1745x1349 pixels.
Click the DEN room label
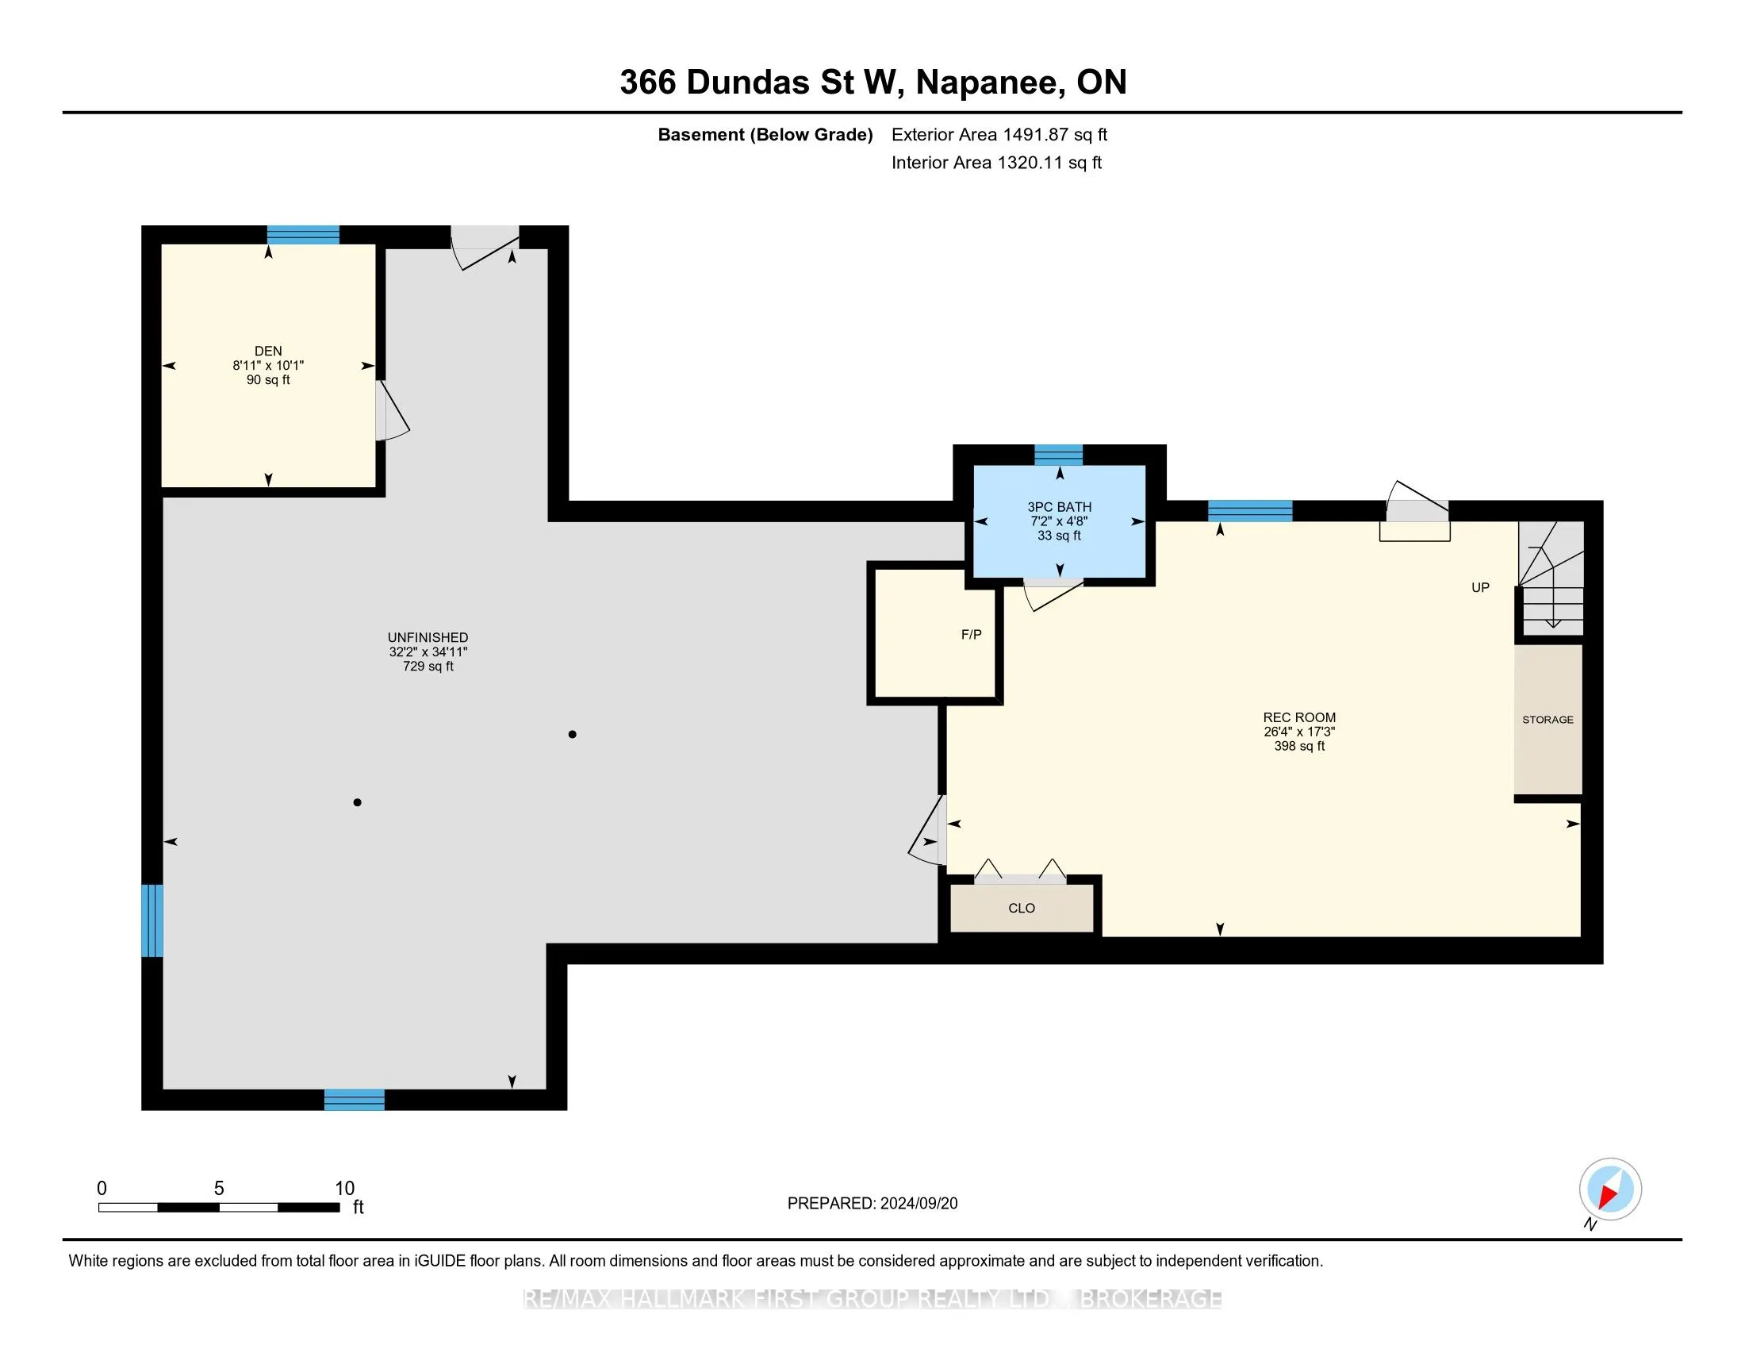(x=268, y=351)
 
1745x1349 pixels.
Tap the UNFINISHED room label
(x=428, y=637)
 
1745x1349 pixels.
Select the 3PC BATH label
(x=1060, y=507)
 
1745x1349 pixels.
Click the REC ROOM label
(x=1299, y=717)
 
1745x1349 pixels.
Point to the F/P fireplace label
(x=972, y=635)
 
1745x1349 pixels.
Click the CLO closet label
(x=1022, y=908)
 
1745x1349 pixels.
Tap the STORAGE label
(x=1547, y=719)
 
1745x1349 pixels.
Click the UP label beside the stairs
(x=1481, y=587)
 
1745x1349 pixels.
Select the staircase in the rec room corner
(x=1551, y=578)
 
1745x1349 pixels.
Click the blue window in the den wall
(x=303, y=235)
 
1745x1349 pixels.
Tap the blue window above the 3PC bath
(x=1059, y=455)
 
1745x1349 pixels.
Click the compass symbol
(x=1610, y=1190)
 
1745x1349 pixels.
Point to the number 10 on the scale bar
(x=344, y=1189)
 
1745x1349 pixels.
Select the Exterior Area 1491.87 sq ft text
(x=999, y=134)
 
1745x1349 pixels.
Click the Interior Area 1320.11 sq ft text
(x=996, y=162)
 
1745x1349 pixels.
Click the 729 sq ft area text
(x=428, y=666)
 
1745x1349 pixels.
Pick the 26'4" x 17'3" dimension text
(x=1299, y=732)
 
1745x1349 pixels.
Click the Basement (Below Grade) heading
(x=765, y=134)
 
